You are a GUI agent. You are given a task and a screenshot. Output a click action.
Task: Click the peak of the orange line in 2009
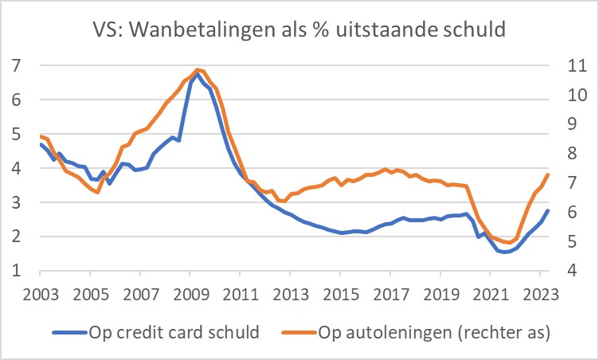[197, 69]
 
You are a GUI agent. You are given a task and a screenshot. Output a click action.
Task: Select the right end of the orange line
[548, 174]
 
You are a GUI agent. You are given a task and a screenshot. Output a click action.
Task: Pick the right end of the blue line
[548, 210]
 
